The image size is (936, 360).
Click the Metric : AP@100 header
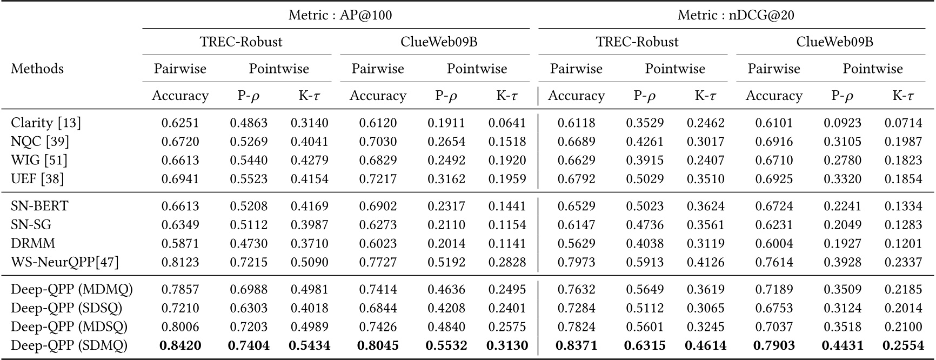click(340, 15)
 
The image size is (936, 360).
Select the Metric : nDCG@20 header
click(736, 15)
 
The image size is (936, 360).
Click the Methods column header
click(37, 69)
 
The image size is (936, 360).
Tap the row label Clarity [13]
click(46, 123)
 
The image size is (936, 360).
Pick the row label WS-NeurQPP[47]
click(65, 262)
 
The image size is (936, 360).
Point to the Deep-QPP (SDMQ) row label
click(69, 345)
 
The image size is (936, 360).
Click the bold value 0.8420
click(180, 345)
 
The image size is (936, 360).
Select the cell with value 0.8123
click(180, 262)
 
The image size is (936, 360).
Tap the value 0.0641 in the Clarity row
click(507, 123)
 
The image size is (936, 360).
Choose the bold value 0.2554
click(902, 345)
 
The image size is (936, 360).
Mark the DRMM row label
click(33, 243)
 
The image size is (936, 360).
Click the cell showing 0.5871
click(180, 243)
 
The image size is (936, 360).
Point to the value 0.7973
click(576, 262)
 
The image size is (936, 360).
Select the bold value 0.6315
click(645, 345)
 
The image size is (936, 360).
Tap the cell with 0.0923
click(843, 123)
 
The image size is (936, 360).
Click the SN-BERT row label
click(40, 206)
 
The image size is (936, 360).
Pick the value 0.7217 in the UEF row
click(378, 179)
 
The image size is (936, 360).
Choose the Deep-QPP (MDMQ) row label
click(72, 289)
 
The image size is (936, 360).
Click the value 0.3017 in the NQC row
click(705, 142)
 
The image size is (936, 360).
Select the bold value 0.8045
click(378, 345)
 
